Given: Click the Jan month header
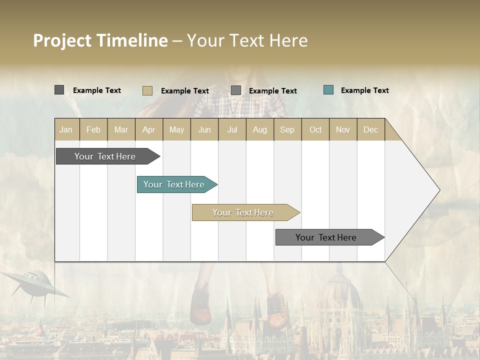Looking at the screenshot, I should [66, 129].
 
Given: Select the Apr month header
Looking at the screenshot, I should [148, 129].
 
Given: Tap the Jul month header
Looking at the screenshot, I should [232, 129].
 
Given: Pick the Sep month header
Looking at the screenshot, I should [287, 129].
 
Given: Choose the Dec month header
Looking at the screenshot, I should [370, 129].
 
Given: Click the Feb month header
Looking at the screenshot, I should [93, 129].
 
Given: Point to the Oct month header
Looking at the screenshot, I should [315, 129].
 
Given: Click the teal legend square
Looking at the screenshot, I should [328, 90].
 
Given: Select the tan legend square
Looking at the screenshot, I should [147, 90].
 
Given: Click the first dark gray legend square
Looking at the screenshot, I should [59, 90].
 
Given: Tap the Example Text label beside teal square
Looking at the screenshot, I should [364, 90].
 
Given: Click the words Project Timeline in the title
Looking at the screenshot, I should [100, 40].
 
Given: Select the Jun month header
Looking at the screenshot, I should [204, 129].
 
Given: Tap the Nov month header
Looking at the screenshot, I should [342, 129].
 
